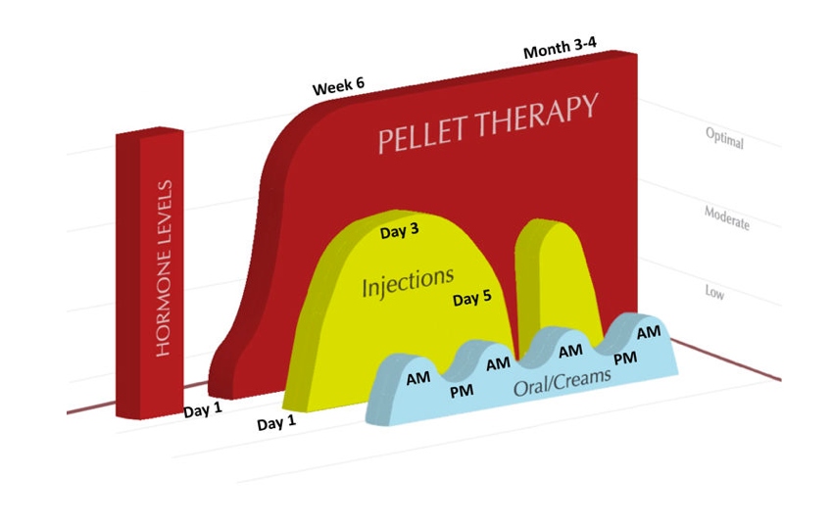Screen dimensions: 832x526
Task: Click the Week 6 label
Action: (338, 86)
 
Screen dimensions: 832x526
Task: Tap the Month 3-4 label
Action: (560, 48)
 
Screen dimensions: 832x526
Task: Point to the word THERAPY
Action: (537, 115)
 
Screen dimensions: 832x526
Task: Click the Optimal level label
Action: (724, 138)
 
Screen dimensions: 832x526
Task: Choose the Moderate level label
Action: (726, 217)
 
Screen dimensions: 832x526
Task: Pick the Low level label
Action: (714, 292)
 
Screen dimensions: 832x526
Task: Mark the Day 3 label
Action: (399, 231)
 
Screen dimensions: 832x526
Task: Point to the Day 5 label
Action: (471, 298)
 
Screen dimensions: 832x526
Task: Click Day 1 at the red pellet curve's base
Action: (203, 409)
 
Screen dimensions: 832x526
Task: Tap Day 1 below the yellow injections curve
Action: (276, 422)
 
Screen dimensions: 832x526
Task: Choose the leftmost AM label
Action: (418, 378)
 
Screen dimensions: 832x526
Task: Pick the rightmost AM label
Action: (649, 332)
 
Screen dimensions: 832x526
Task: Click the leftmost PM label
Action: (462, 392)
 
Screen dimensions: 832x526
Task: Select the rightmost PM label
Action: (625, 359)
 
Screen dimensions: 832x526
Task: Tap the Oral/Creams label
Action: (562, 382)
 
